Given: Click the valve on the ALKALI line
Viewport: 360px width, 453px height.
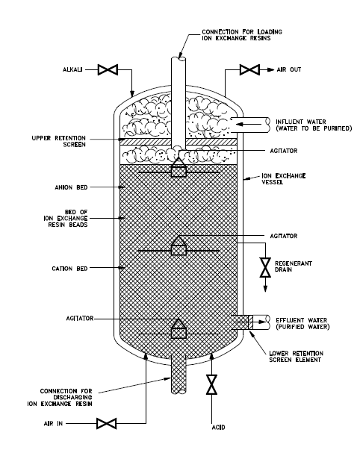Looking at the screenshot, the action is (x=108, y=69).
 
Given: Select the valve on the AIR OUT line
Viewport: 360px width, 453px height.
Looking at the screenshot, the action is (x=249, y=69).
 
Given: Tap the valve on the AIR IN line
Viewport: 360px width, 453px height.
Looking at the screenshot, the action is (x=106, y=424).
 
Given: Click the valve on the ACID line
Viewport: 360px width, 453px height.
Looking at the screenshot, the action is (x=211, y=384).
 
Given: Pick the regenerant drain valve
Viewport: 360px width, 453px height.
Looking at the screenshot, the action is (x=265, y=267).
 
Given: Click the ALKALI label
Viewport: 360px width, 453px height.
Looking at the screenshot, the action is (x=72, y=69).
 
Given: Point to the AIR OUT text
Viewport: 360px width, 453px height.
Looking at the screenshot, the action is (x=289, y=69).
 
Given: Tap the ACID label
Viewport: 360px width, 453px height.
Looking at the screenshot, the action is (x=218, y=428).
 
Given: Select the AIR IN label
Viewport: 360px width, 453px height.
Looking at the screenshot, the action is (x=53, y=424).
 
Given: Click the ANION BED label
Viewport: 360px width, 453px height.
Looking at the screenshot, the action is (x=71, y=187).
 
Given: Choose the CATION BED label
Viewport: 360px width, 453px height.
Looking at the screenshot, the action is (x=69, y=269).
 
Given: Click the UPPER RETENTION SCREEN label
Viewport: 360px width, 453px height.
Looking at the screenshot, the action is (x=59, y=141).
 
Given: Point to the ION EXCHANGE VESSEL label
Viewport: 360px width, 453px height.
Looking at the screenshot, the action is (x=284, y=179).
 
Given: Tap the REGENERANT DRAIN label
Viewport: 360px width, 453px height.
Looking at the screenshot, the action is (x=294, y=266).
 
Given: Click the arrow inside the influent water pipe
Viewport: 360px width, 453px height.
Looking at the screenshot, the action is (x=249, y=125).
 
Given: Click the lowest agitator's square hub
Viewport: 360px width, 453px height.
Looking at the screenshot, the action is (x=179, y=333).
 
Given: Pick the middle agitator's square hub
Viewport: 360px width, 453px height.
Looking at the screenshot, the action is (x=179, y=250).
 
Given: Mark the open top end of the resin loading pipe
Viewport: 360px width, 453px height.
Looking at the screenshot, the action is (x=179, y=59).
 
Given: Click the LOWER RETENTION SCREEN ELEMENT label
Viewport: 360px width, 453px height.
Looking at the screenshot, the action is (x=296, y=357).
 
